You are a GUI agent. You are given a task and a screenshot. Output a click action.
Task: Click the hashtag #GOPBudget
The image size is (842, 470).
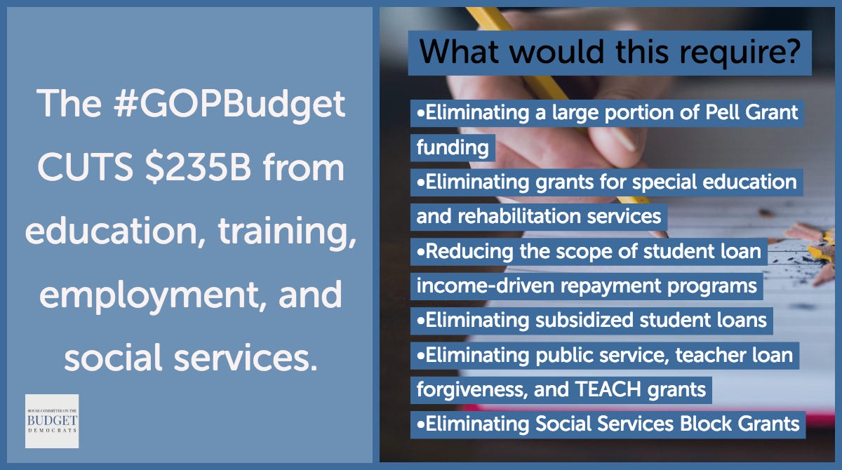[229, 105]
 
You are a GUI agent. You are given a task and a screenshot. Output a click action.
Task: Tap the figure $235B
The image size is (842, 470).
[198, 168]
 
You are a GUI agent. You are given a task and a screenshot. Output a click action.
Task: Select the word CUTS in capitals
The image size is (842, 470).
[85, 168]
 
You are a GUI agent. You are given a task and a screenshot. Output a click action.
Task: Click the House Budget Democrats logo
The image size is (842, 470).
[52, 421]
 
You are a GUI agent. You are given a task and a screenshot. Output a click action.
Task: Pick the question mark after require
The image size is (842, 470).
[794, 51]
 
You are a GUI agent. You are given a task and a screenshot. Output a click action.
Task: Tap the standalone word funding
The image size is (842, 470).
[453, 147]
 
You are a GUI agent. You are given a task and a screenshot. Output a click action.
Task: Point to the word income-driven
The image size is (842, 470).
[486, 286]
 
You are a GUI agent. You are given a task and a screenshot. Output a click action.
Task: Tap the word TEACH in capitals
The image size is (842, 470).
[608, 389]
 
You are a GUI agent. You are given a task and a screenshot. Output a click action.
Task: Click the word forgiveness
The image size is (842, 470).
[470, 390]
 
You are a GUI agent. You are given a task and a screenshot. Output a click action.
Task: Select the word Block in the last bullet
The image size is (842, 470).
[706, 424]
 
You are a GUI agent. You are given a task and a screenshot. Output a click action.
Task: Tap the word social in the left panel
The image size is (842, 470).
[113, 357]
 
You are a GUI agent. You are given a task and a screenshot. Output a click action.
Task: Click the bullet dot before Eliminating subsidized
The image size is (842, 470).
[420, 321]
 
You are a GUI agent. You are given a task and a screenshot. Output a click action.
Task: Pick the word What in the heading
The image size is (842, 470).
[459, 51]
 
